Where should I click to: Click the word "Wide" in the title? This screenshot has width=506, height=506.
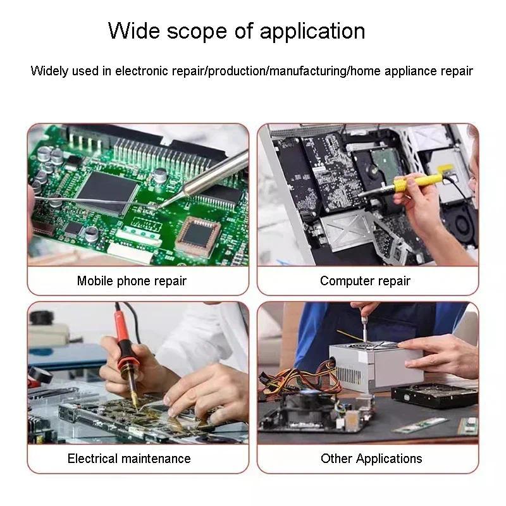click(134, 31)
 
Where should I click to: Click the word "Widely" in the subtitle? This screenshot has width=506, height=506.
click(49, 71)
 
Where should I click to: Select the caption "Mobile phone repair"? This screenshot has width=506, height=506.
click(132, 281)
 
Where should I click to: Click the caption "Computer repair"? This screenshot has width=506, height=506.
click(365, 281)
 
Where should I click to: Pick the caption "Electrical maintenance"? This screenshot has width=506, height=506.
click(129, 459)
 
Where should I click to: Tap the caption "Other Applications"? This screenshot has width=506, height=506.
click(371, 459)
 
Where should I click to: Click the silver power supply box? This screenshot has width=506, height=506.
click(376, 366)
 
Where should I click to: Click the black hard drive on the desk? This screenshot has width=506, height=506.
click(435, 395)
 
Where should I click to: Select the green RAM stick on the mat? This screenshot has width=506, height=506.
click(420, 425)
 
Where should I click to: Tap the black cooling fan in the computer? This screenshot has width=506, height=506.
click(462, 223)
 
